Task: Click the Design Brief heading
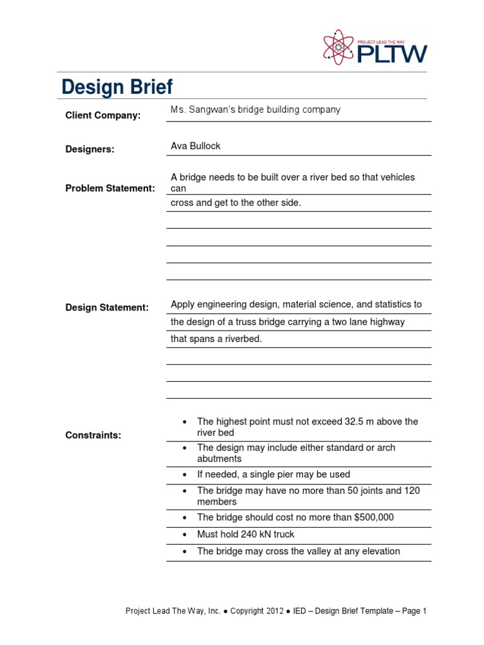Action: (117, 88)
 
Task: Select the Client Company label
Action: (103, 115)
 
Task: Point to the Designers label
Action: (90, 149)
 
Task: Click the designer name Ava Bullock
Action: (195, 146)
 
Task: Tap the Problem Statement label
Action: (110, 188)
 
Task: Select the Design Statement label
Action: (107, 307)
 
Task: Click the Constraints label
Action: (93, 435)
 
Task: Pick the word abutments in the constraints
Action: (219, 459)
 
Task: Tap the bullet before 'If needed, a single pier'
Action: (184, 474)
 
